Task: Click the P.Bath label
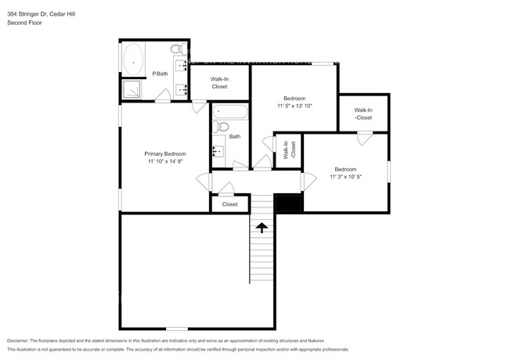pos(160,74)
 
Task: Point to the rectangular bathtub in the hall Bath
pos(229,112)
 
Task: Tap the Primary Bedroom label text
pos(164,154)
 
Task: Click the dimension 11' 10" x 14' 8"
pos(164,162)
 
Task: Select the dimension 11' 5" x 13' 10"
pos(294,106)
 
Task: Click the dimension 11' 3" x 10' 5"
pos(345,177)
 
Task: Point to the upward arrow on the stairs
pos(262,227)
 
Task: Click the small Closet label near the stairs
pos(229,204)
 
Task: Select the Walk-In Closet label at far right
pos(363,113)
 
